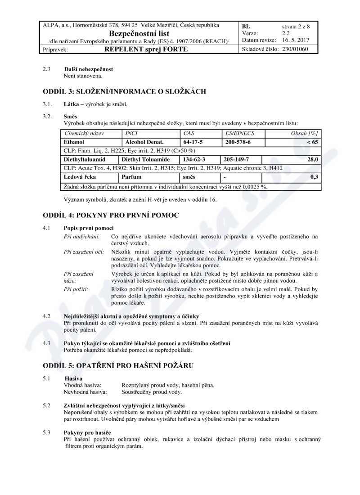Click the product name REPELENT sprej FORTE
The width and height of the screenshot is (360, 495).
tap(146, 49)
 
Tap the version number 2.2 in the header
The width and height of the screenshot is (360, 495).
tap(286, 33)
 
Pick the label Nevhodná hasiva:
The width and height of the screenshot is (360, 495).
tap(85, 392)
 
